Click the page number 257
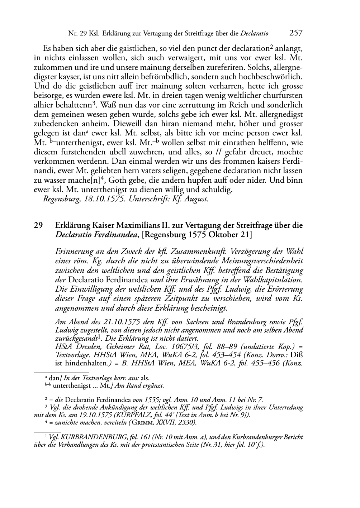[x=296, y=33]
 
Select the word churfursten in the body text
[x=281, y=96]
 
